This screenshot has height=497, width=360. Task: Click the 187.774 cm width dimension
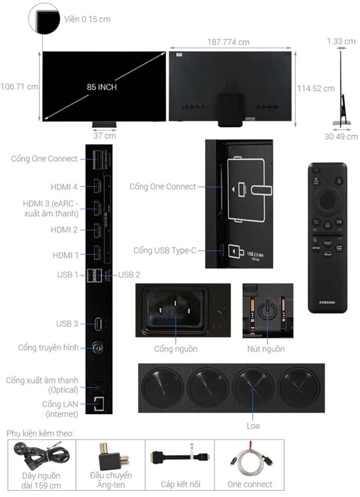pos(228,42)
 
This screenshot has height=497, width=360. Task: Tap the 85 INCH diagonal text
pos(102,87)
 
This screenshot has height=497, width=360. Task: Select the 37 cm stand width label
pos(104,136)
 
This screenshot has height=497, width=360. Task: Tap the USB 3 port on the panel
pos(97,324)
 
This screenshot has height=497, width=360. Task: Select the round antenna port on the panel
pos(97,348)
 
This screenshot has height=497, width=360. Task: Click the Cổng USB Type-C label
pos(165,250)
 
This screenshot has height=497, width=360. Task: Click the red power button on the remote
pos(317,171)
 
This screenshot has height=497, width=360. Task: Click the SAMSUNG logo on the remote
pos(327,302)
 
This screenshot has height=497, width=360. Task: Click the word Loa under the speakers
pos(253,426)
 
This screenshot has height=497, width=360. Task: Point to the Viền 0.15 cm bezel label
pos(87,20)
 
